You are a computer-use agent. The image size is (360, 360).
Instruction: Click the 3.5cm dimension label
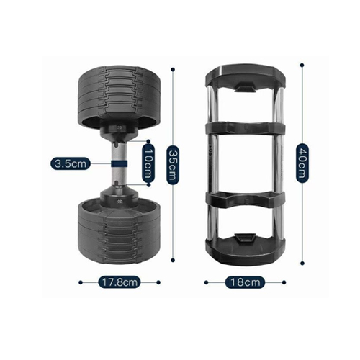tap(71, 164)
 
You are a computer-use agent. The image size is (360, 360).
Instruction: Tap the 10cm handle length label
tap(148, 163)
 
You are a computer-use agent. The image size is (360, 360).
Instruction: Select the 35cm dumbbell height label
tap(173, 165)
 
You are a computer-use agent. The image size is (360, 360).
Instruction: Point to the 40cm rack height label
tap(302, 163)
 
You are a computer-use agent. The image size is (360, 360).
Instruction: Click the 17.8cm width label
tap(120, 282)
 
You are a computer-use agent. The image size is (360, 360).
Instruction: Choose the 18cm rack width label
tap(245, 282)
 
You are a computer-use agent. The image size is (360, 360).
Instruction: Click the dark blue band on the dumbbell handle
tap(119, 163)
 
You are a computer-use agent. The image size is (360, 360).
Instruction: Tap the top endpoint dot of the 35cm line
tap(173, 70)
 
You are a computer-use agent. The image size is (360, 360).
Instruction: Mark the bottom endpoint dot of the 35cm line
tap(173, 260)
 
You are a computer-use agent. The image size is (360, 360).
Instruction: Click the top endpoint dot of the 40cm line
tap(302, 65)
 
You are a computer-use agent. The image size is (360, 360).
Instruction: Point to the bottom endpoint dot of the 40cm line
tap(302, 264)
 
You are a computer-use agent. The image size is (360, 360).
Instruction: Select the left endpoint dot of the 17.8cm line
tap(81, 282)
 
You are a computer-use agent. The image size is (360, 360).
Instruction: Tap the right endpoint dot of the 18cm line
tap(284, 282)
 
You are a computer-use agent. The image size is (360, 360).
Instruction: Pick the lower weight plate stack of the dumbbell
tap(119, 230)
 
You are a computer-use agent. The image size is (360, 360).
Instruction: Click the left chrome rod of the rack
tap(212, 163)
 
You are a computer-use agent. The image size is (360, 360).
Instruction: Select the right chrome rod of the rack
tap(279, 163)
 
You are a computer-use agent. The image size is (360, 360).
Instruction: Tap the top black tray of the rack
tap(246, 77)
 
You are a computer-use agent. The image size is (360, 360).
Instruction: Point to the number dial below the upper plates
tap(119, 129)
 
